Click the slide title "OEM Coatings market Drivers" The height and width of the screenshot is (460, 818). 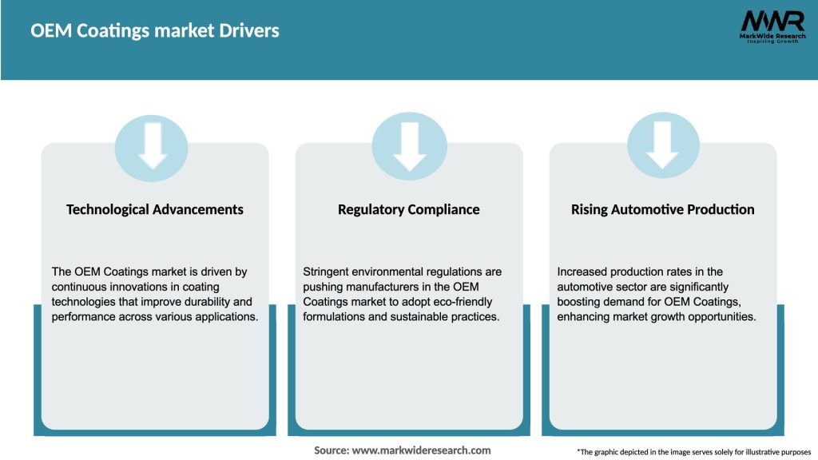(155, 31)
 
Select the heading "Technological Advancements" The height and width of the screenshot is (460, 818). (155, 210)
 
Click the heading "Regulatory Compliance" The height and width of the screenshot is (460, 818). (409, 210)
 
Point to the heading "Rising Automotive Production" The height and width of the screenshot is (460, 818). (662, 210)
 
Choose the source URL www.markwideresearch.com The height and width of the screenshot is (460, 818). (421, 450)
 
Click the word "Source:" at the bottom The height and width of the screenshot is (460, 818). (332, 450)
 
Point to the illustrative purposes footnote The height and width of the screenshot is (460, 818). (693, 452)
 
